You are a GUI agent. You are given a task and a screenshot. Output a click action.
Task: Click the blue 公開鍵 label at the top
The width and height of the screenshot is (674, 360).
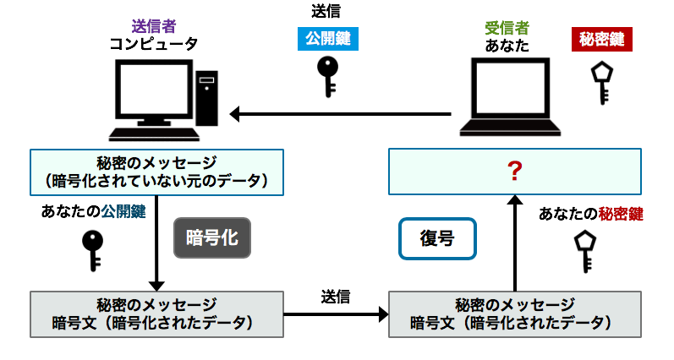click(327, 38)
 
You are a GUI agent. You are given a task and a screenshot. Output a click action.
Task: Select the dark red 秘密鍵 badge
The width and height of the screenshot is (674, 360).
click(601, 38)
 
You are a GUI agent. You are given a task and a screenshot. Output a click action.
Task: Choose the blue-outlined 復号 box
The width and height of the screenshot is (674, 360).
click(436, 239)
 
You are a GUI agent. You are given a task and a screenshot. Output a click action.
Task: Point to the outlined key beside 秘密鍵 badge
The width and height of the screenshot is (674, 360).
click(602, 81)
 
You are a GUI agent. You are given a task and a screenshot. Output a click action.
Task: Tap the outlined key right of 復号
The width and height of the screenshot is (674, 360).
click(585, 250)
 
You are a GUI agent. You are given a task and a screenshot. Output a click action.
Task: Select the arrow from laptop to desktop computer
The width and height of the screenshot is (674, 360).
click(347, 113)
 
